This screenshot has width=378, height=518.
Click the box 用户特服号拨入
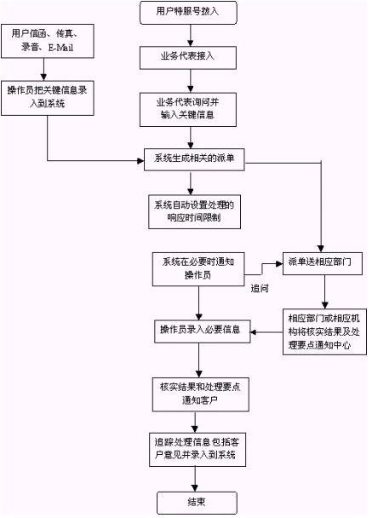[x=188, y=13]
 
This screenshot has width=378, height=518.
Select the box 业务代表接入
[x=188, y=58]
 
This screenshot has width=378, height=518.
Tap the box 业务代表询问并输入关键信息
[x=188, y=110]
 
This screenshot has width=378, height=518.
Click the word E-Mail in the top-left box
[x=60, y=48]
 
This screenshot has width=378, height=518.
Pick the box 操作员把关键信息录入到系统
[x=48, y=98]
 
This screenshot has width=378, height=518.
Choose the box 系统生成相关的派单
[x=194, y=159]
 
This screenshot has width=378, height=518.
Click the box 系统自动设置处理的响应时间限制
[x=194, y=212]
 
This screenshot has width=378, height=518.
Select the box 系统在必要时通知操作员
[x=198, y=269]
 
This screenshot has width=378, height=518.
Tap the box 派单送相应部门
[x=323, y=263]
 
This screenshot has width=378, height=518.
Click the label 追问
[x=260, y=289]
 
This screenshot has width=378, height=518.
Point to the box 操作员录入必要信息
[x=203, y=331]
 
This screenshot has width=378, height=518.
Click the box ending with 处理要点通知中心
[x=324, y=332]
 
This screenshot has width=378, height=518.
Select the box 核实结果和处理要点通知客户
[x=200, y=394]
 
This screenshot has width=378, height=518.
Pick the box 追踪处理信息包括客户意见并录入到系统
[x=198, y=450]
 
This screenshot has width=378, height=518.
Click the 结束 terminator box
[x=197, y=503]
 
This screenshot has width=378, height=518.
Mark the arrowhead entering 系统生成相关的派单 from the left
[x=141, y=161]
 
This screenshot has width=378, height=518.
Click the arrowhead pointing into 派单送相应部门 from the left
[x=279, y=263]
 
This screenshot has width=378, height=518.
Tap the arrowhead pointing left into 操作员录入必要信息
[x=254, y=332]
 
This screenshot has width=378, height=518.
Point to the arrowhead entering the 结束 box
[x=195, y=488]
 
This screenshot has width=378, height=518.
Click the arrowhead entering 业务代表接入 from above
[x=190, y=43]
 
